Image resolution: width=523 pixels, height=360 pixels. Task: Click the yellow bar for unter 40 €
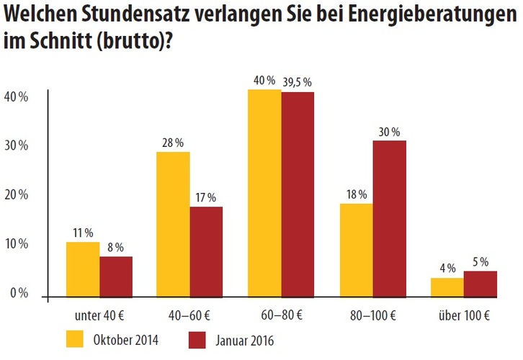pos(83,269)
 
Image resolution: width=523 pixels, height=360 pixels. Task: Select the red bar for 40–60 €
pos(206,251)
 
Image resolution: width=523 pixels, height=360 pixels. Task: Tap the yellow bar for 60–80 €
pos(264,193)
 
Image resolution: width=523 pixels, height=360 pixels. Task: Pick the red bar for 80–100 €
pos(390,218)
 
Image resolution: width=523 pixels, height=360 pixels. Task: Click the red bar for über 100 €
pos(480,284)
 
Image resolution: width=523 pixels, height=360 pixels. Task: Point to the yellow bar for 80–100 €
pos(357,250)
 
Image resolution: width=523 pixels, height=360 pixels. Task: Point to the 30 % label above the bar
pos(390,131)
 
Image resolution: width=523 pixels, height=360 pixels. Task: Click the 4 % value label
pos(447,268)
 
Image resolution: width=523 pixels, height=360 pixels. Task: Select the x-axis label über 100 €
pos(464,315)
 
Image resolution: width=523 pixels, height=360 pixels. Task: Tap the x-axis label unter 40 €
pos(99,315)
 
